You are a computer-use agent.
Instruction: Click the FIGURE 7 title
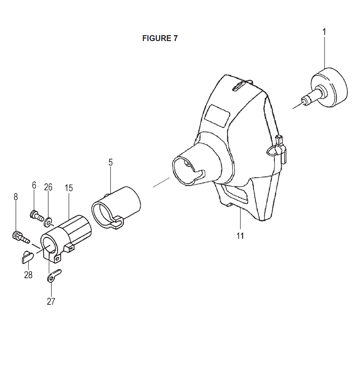coord(159,38)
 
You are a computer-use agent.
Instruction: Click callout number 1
coord(324,32)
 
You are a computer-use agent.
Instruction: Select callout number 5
coord(111,162)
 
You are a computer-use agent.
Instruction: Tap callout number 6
coord(34,185)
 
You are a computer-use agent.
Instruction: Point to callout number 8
coord(15,197)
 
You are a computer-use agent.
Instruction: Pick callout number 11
coord(240,236)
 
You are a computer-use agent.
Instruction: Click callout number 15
coord(69,188)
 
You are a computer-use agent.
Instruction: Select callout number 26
coord(48,187)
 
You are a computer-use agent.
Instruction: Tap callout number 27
coord(51,301)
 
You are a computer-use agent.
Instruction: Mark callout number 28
coord(28,275)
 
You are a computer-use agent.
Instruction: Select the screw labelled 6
coord(37,215)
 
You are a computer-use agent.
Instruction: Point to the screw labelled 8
coord(21,237)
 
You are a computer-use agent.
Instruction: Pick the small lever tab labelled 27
coord(54,276)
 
